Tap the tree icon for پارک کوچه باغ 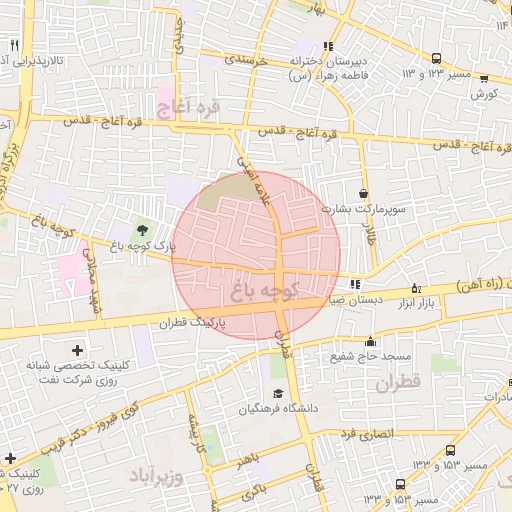[x=138, y=232]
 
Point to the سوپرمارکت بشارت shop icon [x=362, y=194]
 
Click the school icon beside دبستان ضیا [x=356, y=285]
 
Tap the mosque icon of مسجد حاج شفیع [x=370, y=341]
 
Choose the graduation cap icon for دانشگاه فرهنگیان [x=277, y=392]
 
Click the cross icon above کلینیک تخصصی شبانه [x=78, y=350]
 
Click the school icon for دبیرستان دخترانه [x=329, y=46]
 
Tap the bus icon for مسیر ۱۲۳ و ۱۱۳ [x=436, y=59]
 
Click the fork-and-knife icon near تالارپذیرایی [x=14, y=46]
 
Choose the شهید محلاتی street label [x=95, y=285]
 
